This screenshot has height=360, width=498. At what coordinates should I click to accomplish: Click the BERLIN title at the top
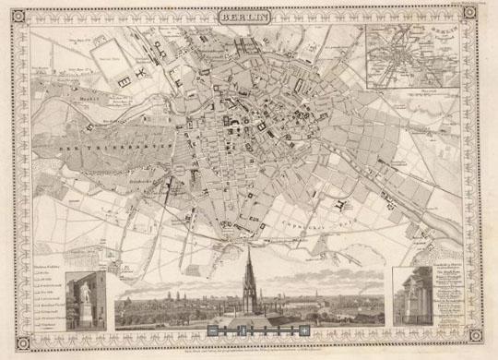tap(246, 16)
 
